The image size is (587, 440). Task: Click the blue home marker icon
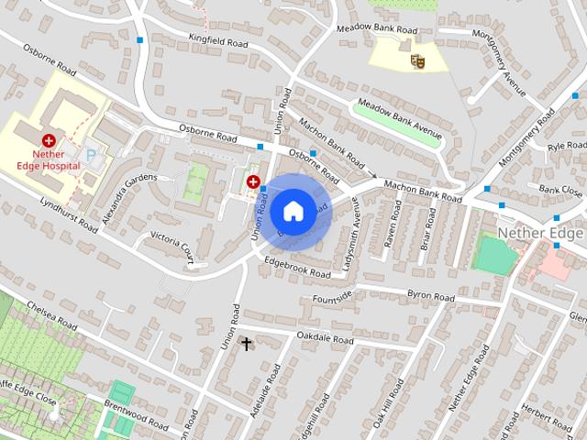pos(292,211)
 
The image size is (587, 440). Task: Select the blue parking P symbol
pos(91,157)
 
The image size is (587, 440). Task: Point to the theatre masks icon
pos(417,60)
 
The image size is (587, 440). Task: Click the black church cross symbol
pos(246,344)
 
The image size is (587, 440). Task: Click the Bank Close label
pos(560,191)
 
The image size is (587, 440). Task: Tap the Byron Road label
pos(430,298)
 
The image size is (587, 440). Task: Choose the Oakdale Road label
pos(325,339)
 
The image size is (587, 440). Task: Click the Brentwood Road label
pos(138,416)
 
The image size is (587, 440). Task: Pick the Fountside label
pos(332,295)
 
